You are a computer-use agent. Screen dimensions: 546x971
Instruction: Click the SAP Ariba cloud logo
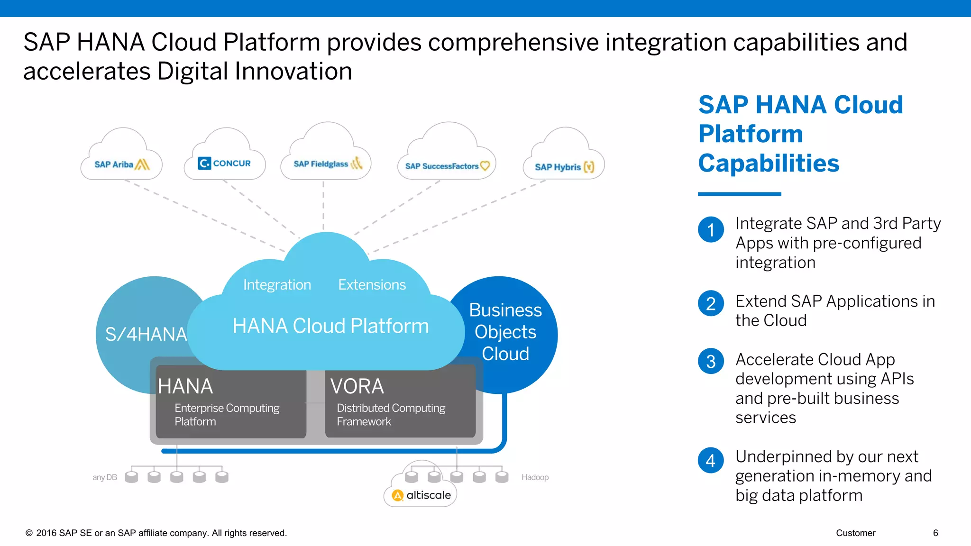(x=122, y=164)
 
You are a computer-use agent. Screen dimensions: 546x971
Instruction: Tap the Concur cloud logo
(x=224, y=163)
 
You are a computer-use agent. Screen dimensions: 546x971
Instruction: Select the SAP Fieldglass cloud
(x=326, y=163)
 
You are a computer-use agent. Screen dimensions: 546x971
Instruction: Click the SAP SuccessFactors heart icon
(x=485, y=166)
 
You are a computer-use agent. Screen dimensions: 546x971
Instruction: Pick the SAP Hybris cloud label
(x=564, y=167)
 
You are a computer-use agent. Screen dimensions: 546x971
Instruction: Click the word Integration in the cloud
(x=277, y=285)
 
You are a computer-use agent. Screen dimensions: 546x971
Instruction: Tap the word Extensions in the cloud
(x=372, y=285)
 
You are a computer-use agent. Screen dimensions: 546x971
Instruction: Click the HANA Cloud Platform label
(x=330, y=326)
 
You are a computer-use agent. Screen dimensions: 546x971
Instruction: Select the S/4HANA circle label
(x=146, y=335)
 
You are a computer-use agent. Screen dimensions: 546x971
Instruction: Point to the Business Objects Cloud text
(x=505, y=332)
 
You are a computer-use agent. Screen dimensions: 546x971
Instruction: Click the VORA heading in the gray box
(x=357, y=386)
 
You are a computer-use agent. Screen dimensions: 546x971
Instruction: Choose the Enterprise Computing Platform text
(x=227, y=415)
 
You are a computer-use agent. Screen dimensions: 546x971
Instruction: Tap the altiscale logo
(x=421, y=495)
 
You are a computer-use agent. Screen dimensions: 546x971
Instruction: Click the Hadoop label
(x=535, y=477)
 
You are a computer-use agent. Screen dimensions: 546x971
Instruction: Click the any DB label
(x=104, y=477)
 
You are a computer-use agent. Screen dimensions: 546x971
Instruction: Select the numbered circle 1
(x=711, y=230)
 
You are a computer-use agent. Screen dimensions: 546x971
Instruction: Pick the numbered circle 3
(x=711, y=362)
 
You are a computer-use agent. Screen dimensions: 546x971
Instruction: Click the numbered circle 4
(x=711, y=460)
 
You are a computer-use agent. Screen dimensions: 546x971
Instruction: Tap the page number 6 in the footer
(x=935, y=533)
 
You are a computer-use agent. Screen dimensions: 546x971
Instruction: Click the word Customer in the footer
(x=855, y=533)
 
